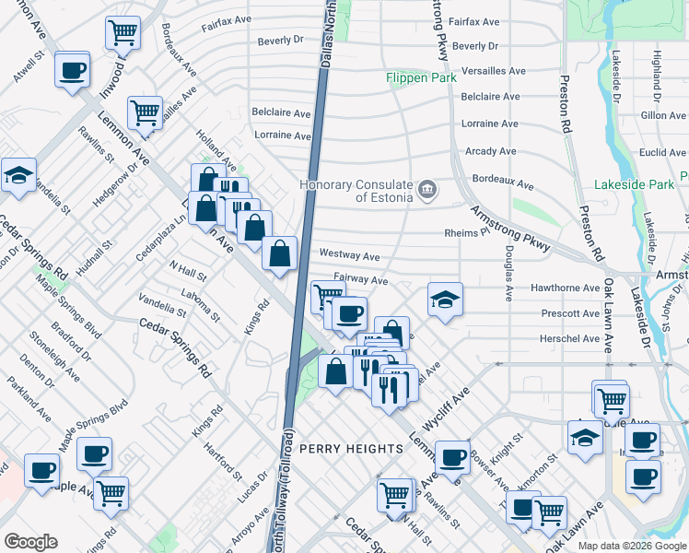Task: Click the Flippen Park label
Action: pyautogui.click(x=421, y=78)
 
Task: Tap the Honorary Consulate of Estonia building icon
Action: pyautogui.click(x=426, y=191)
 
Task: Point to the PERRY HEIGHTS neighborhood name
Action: pyautogui.click(x=351, y=449)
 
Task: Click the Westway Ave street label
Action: pyautogui.click(x=349, y=254)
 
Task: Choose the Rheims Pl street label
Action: pyautogui.click(x=465, y=233)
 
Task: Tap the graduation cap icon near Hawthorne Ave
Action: pyautogui.click(x=445, y=299)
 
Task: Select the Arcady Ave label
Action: pyautogui.click(x=491, y=150)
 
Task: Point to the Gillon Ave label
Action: pyautogui.click(x=664, y=115)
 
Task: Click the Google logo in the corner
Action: pyautogui.click(x=30, y=542)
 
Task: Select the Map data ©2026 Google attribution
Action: pyautogui.click(x=632, y=546)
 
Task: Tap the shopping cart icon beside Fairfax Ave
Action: pyautogui.click(x=123, y=32)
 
